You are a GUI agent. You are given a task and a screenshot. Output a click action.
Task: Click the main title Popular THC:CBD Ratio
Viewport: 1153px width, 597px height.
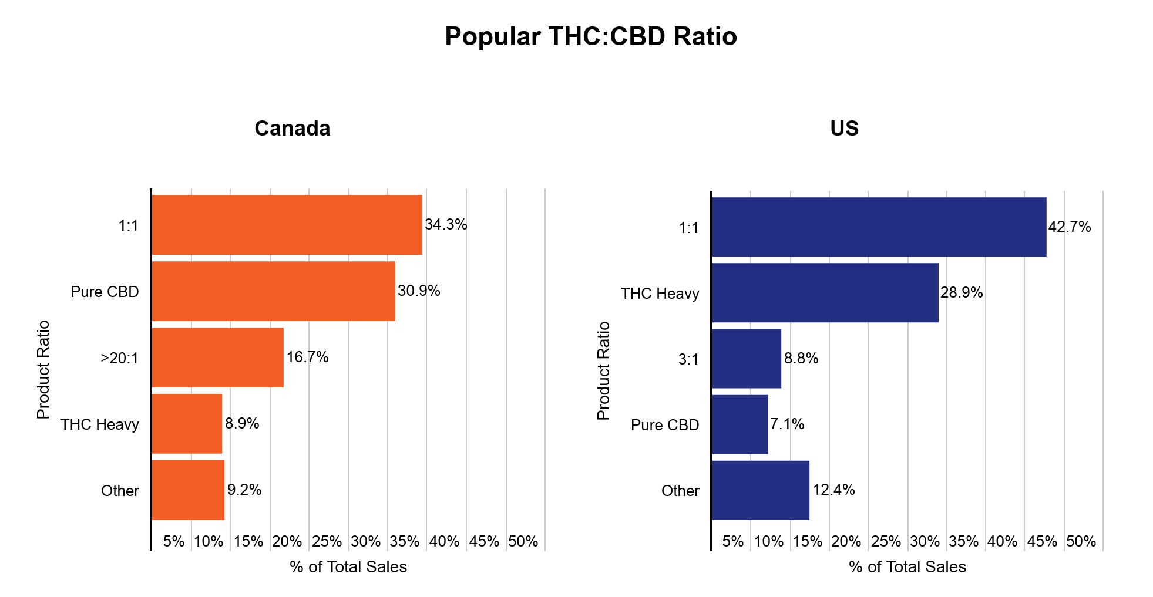pos(590,36)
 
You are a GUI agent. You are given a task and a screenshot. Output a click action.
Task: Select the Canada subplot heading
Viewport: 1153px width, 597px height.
pos(292,129)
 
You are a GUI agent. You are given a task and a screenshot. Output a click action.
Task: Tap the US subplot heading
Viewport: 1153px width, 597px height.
pos(844,129)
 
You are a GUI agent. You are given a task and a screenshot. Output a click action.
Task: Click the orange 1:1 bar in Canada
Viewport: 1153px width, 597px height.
pos(287,225)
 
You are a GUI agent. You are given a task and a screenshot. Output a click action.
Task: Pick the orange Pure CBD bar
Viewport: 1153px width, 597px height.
pos(273,291)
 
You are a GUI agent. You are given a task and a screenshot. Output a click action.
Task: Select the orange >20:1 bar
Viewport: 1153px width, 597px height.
pos(217,357)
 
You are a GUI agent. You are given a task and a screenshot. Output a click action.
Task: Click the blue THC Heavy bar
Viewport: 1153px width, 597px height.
pos(825,293)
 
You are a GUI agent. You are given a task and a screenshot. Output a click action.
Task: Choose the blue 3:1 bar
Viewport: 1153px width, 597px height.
pos(746,359)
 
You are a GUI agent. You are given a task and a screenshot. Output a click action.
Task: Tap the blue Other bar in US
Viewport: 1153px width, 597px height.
pos(760,490)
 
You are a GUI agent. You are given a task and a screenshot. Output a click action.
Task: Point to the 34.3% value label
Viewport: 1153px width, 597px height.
pos(446,225)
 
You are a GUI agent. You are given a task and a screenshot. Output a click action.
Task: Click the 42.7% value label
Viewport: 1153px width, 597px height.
pos(1070,227)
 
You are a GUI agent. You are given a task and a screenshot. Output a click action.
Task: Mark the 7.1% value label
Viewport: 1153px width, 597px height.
pos(787,424)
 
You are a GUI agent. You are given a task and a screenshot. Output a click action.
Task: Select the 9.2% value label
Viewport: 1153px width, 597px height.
pos(244,490)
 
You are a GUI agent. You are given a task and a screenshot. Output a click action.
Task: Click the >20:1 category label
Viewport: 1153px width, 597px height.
pos(120,358)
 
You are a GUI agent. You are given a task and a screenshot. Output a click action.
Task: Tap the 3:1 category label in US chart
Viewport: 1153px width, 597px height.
pos(688,359)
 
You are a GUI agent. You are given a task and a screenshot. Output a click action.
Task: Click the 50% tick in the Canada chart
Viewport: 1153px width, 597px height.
pos(523,541)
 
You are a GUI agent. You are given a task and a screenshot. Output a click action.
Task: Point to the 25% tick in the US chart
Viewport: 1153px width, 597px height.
pos(886,541)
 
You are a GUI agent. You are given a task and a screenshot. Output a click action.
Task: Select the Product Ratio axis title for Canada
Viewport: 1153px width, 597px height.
pos(43,370)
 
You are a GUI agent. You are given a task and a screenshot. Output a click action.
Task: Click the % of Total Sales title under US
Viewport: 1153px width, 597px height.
pos(907,567)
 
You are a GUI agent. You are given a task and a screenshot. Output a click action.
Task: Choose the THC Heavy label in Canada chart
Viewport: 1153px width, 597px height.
pos(100,424)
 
